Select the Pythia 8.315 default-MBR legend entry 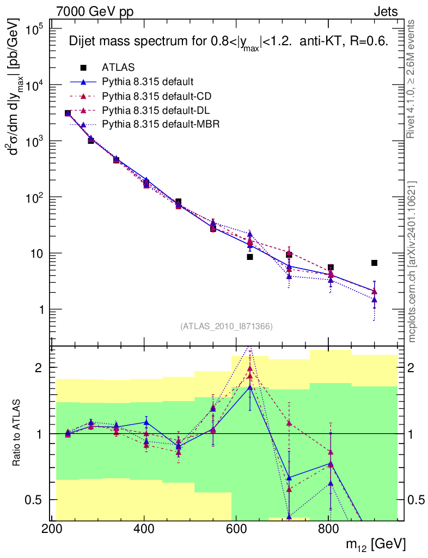pyautogui.click(x=161, y=124)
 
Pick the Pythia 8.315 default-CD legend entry pyautogui.click(x=157, y=96)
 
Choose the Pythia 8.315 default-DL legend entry pyautogui.click(x=156, y=111)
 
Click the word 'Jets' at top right pyautogui.click(x=385, y=11)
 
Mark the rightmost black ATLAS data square pyautogui.click(x=374, y=263)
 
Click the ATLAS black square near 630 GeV pyautogui.click(x=250, y=257)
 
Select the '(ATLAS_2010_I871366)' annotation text pyautogui.click(x=226, y=326)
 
